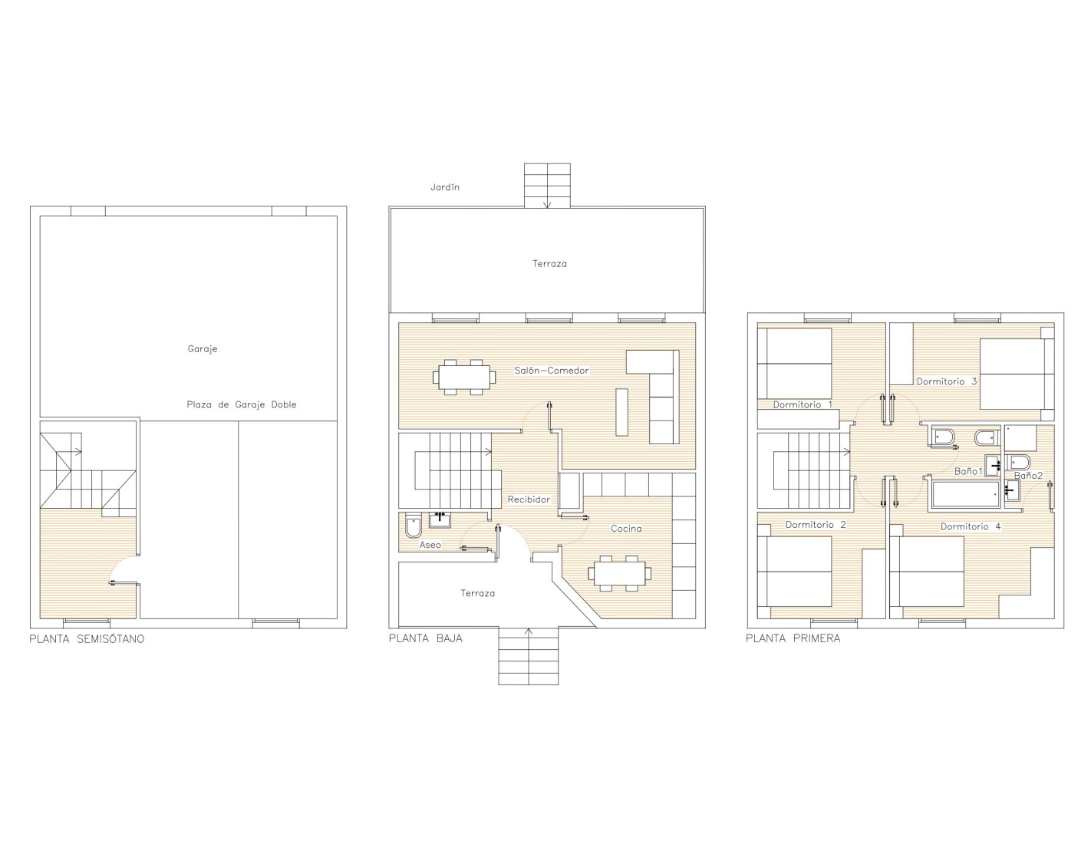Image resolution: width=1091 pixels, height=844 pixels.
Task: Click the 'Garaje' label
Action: point(203,349)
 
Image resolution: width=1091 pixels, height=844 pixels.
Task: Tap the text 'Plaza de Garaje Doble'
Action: point(242,404)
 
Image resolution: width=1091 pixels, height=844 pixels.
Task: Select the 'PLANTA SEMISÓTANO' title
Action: point(87,639)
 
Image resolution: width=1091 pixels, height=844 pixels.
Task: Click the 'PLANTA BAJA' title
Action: point(426,638)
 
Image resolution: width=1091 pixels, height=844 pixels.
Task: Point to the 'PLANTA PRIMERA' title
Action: point(793,638)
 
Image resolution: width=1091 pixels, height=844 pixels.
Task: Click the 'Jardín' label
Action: point(445,187)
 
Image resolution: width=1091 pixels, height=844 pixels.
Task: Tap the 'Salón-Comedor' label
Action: point(552,371)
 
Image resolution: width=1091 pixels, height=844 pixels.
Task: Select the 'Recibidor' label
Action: point(529,499)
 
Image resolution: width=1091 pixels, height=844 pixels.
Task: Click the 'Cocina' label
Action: point(626,529)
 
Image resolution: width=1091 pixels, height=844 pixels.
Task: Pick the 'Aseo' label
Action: point(430,545)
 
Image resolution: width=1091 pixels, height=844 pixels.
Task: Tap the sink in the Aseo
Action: point(440,521)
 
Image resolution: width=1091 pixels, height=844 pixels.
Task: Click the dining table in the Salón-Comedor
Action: point(464,377)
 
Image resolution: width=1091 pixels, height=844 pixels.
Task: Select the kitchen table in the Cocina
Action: point(620,573)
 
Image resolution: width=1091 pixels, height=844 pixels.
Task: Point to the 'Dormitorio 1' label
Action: point(803,404)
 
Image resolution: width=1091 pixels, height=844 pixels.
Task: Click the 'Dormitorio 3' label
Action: point(947,381)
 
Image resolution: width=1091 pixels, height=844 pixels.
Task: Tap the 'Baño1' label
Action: point(968,471)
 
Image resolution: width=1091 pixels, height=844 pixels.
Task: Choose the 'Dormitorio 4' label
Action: point(971,526)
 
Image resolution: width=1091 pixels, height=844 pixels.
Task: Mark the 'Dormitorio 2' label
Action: point(816,525)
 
